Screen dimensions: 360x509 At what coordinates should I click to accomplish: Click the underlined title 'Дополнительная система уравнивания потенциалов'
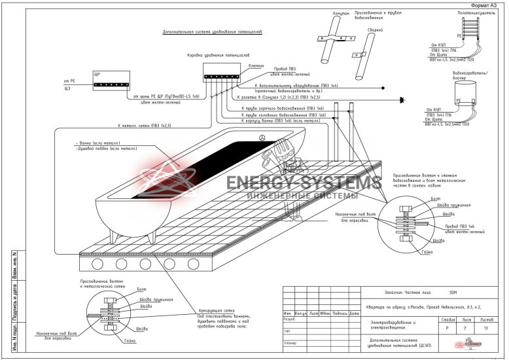205,31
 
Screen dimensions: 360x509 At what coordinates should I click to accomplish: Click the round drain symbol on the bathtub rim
262,138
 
